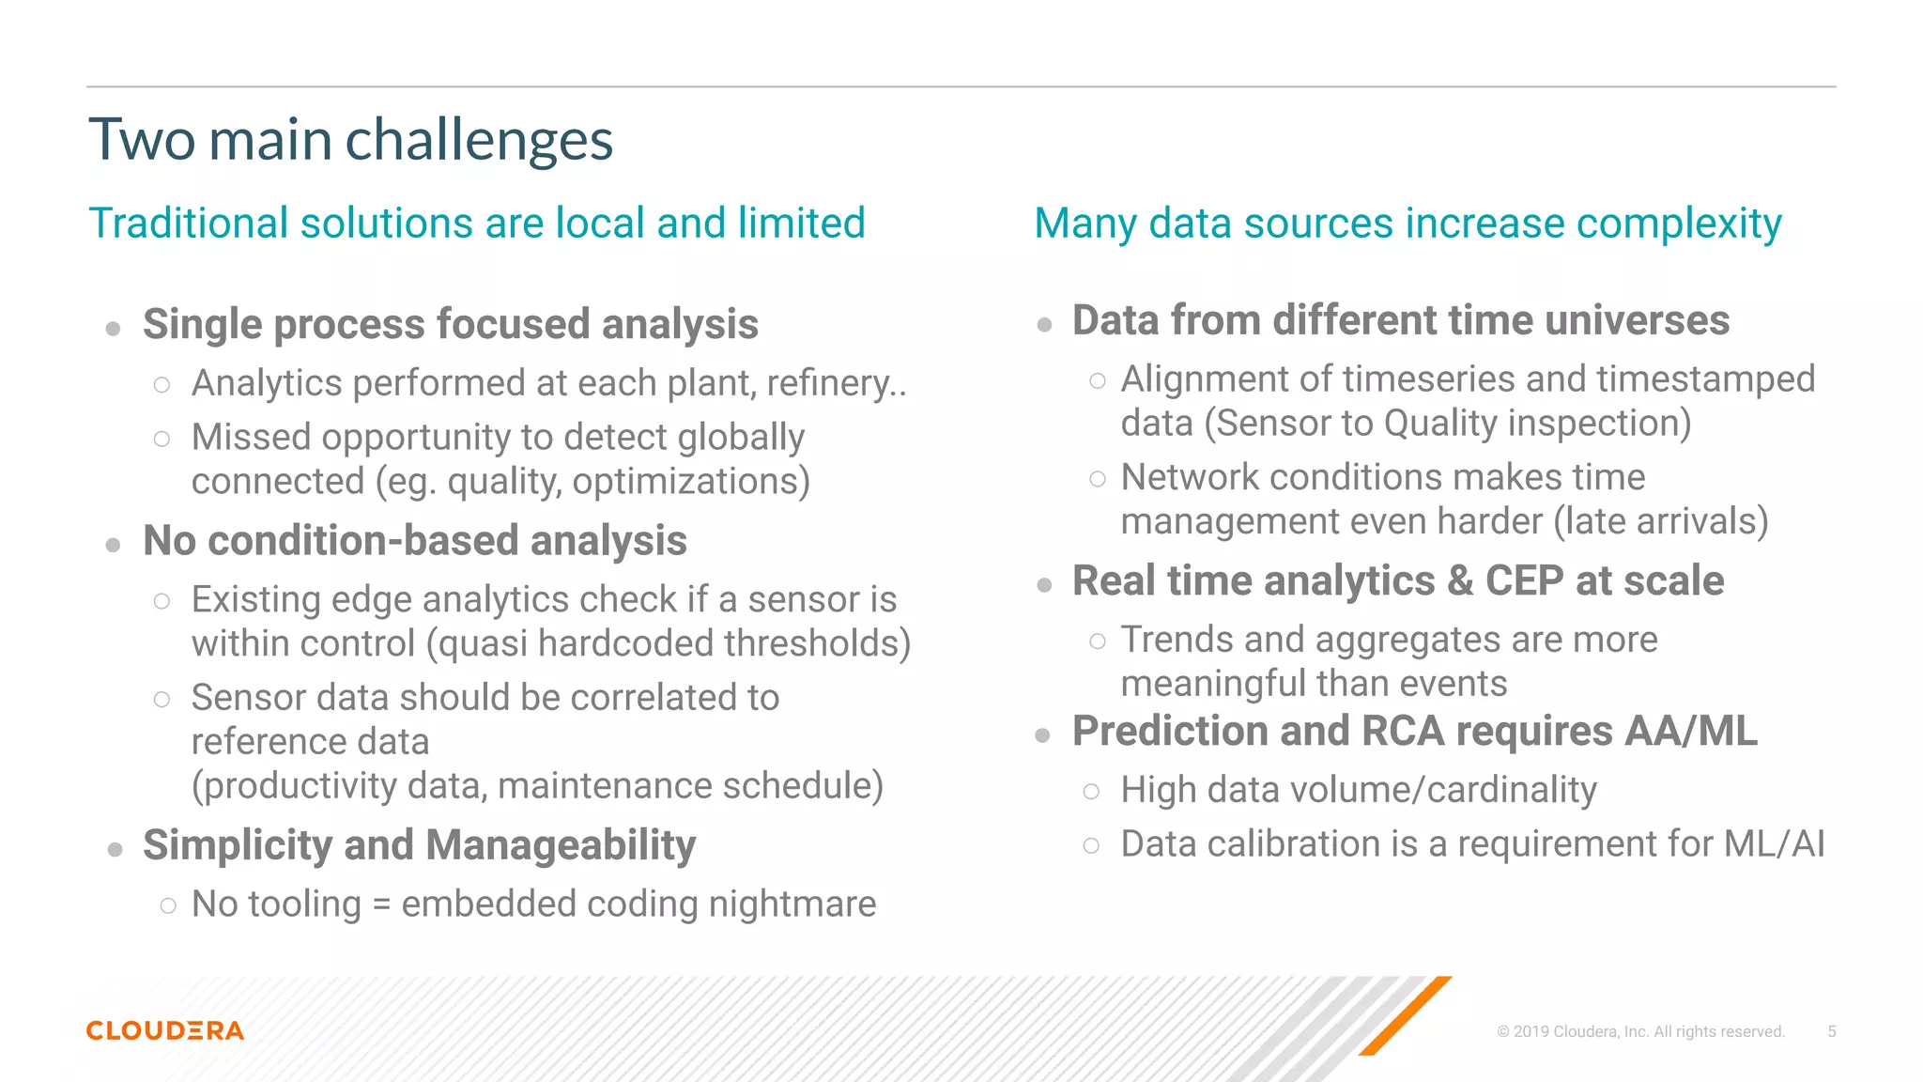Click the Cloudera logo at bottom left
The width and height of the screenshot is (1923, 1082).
click(165, 1030)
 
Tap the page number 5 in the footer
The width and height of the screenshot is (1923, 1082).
click(1831, 1031)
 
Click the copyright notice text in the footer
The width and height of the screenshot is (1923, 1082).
click(1639, 1031)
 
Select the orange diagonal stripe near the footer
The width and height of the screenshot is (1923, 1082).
click(1406, 1015)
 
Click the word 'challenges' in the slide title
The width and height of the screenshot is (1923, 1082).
click(479, 141)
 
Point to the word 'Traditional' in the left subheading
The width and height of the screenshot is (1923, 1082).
click(188, 224)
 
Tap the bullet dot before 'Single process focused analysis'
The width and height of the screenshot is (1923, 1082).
click(114, 329)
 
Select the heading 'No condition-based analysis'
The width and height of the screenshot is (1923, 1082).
click(414, 541)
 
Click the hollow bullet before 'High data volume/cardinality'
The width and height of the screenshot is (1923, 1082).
click(1091, 792)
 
